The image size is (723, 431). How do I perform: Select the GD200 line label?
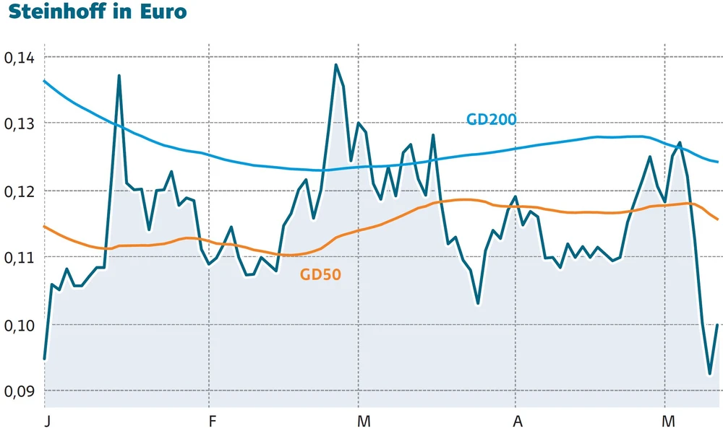click(491, 119)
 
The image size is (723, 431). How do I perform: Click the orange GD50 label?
click(320, 274)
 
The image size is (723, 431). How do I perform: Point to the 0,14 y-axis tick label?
click(20, 57)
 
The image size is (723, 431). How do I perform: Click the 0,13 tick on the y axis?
click(20, 124)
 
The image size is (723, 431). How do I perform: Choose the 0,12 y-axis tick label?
click(20, 191)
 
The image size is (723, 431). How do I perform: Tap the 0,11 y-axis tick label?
click(20, 258)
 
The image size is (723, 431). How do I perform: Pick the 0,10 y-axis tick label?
click(20, 325)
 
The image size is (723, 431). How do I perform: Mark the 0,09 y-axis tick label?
click(20, 391)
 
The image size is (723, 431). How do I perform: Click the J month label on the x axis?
click(46, 420)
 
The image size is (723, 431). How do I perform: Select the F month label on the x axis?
click(211, 420)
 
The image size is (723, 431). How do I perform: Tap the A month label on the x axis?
click(517, 420)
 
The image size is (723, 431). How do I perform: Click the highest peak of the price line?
click(336, 65)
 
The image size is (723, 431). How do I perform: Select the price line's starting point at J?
click(45, 358)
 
